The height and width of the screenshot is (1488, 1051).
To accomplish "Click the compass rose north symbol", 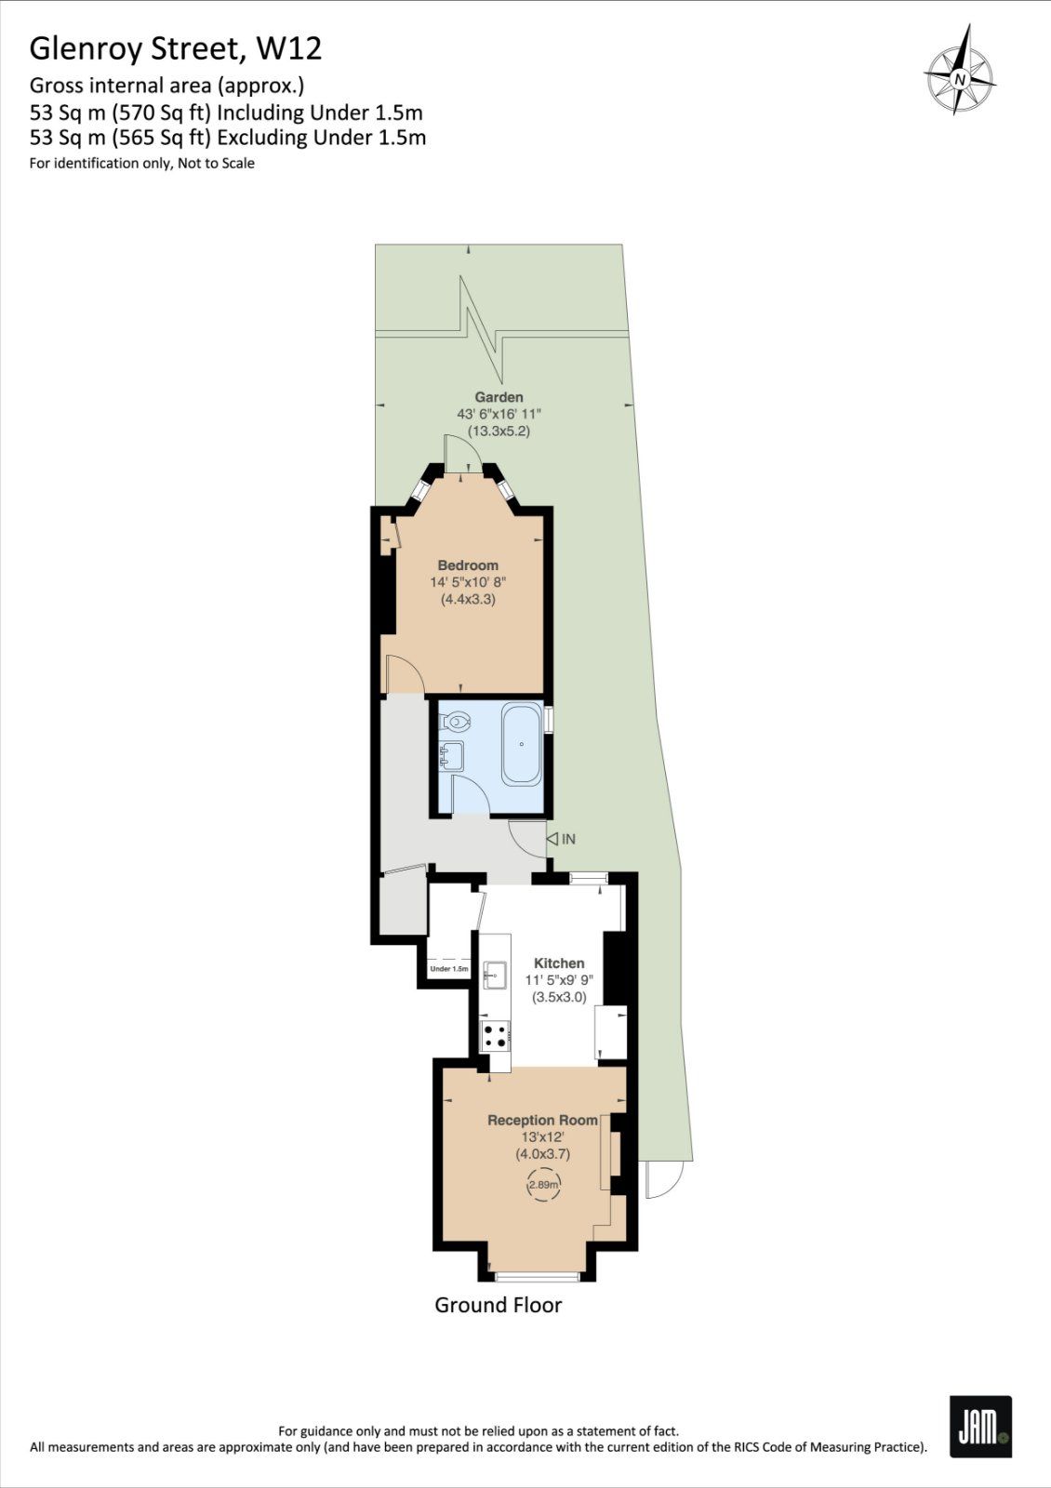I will click(959, 79).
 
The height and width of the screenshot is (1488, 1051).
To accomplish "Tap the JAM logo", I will click(979, 1426).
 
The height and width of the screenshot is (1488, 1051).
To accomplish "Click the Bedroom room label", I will click(468, 565).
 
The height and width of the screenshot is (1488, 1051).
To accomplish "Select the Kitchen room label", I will click(559, 963).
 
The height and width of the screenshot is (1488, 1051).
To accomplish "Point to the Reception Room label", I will click(542, 1121).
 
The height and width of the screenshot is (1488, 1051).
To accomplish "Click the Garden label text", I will click(499, 397).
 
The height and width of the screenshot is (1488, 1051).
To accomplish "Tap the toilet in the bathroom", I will click(456, 722).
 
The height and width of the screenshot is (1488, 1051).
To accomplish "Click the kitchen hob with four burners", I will click(495, 1035).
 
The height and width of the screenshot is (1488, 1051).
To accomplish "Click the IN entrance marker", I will click(562, 839).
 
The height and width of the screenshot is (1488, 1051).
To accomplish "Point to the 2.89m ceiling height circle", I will click(543, 1185).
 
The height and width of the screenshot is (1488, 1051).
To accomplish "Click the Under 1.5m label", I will click(448, 969).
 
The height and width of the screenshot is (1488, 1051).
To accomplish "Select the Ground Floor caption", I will click(499, 1305).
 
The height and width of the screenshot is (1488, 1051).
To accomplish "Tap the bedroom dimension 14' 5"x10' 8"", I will click(468, 582).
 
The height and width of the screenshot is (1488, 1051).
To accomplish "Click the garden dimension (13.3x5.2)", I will click(499, 431).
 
